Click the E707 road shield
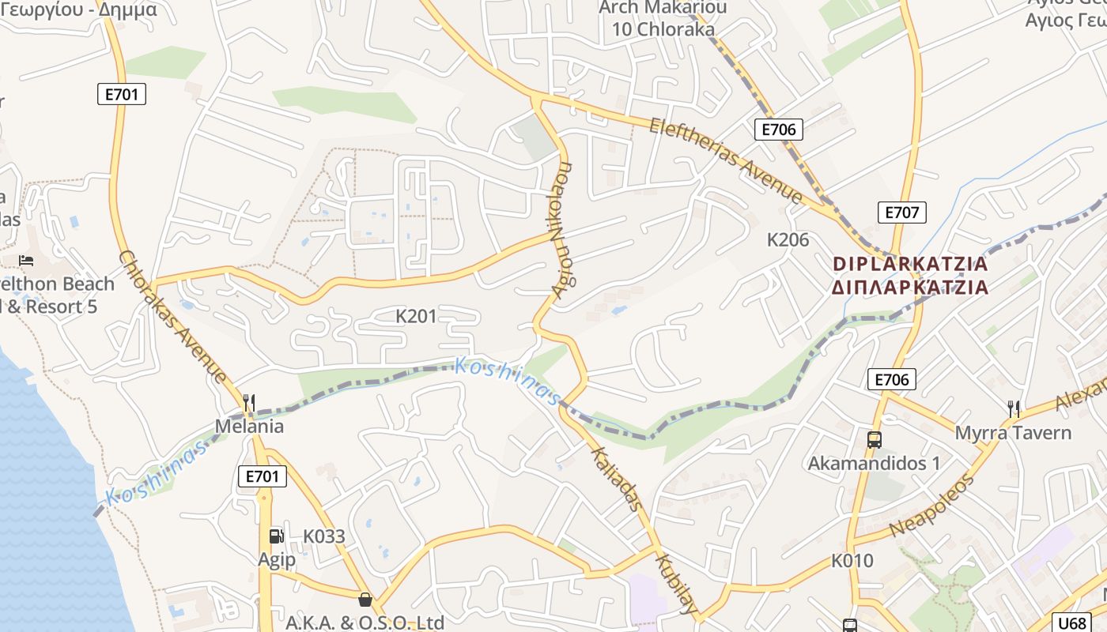[901, 212]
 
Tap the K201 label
[416, 317]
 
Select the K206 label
[788, 239]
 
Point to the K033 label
[324, 536]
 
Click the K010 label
[852, 561]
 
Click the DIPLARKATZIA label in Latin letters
[910, 263]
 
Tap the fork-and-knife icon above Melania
[249, 403]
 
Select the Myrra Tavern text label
[1013, 433]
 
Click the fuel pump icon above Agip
[276, 536]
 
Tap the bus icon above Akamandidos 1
[874, 440]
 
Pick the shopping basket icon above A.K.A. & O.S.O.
[365, 600]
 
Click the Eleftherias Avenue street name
[726, 160]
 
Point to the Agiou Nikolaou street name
[562, 230]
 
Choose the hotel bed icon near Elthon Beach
[26, 260]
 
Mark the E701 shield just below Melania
[262, 476]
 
